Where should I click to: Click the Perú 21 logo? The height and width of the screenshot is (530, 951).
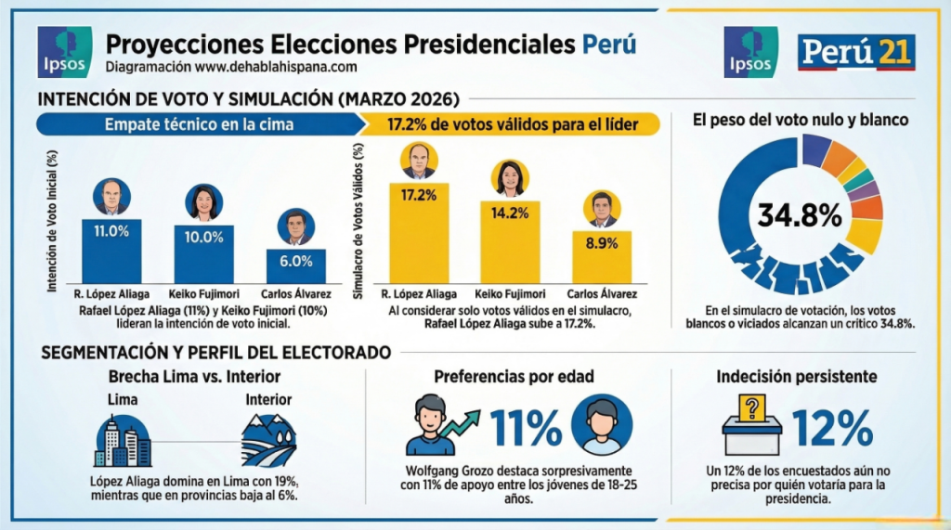(856, 52)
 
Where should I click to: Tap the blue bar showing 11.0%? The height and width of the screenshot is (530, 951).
(111, 251)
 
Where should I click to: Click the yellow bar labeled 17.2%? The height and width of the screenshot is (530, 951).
(418, 232)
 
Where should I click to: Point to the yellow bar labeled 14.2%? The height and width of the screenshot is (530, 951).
(510, 241)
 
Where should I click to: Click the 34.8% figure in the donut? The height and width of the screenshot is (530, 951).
(800, 215)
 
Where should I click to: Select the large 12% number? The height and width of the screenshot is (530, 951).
(832, 427)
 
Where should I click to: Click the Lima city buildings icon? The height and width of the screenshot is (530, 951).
(122, 440)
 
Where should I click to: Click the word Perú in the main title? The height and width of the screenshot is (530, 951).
(609, 44)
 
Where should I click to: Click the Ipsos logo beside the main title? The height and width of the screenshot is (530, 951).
(63, 52)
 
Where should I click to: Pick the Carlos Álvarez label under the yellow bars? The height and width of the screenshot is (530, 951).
(602, 291)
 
